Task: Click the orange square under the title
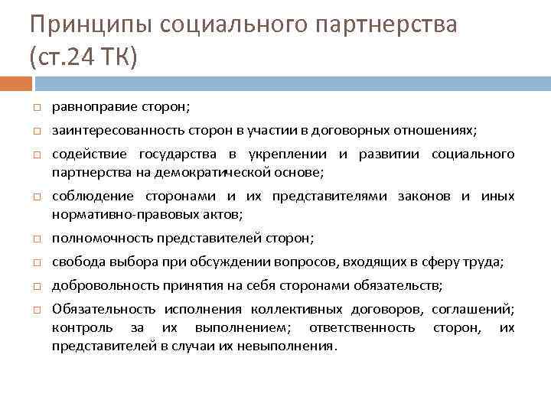[x=15, y=81]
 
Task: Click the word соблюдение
[x=93, y=197]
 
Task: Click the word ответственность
[x=362, y=327]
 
